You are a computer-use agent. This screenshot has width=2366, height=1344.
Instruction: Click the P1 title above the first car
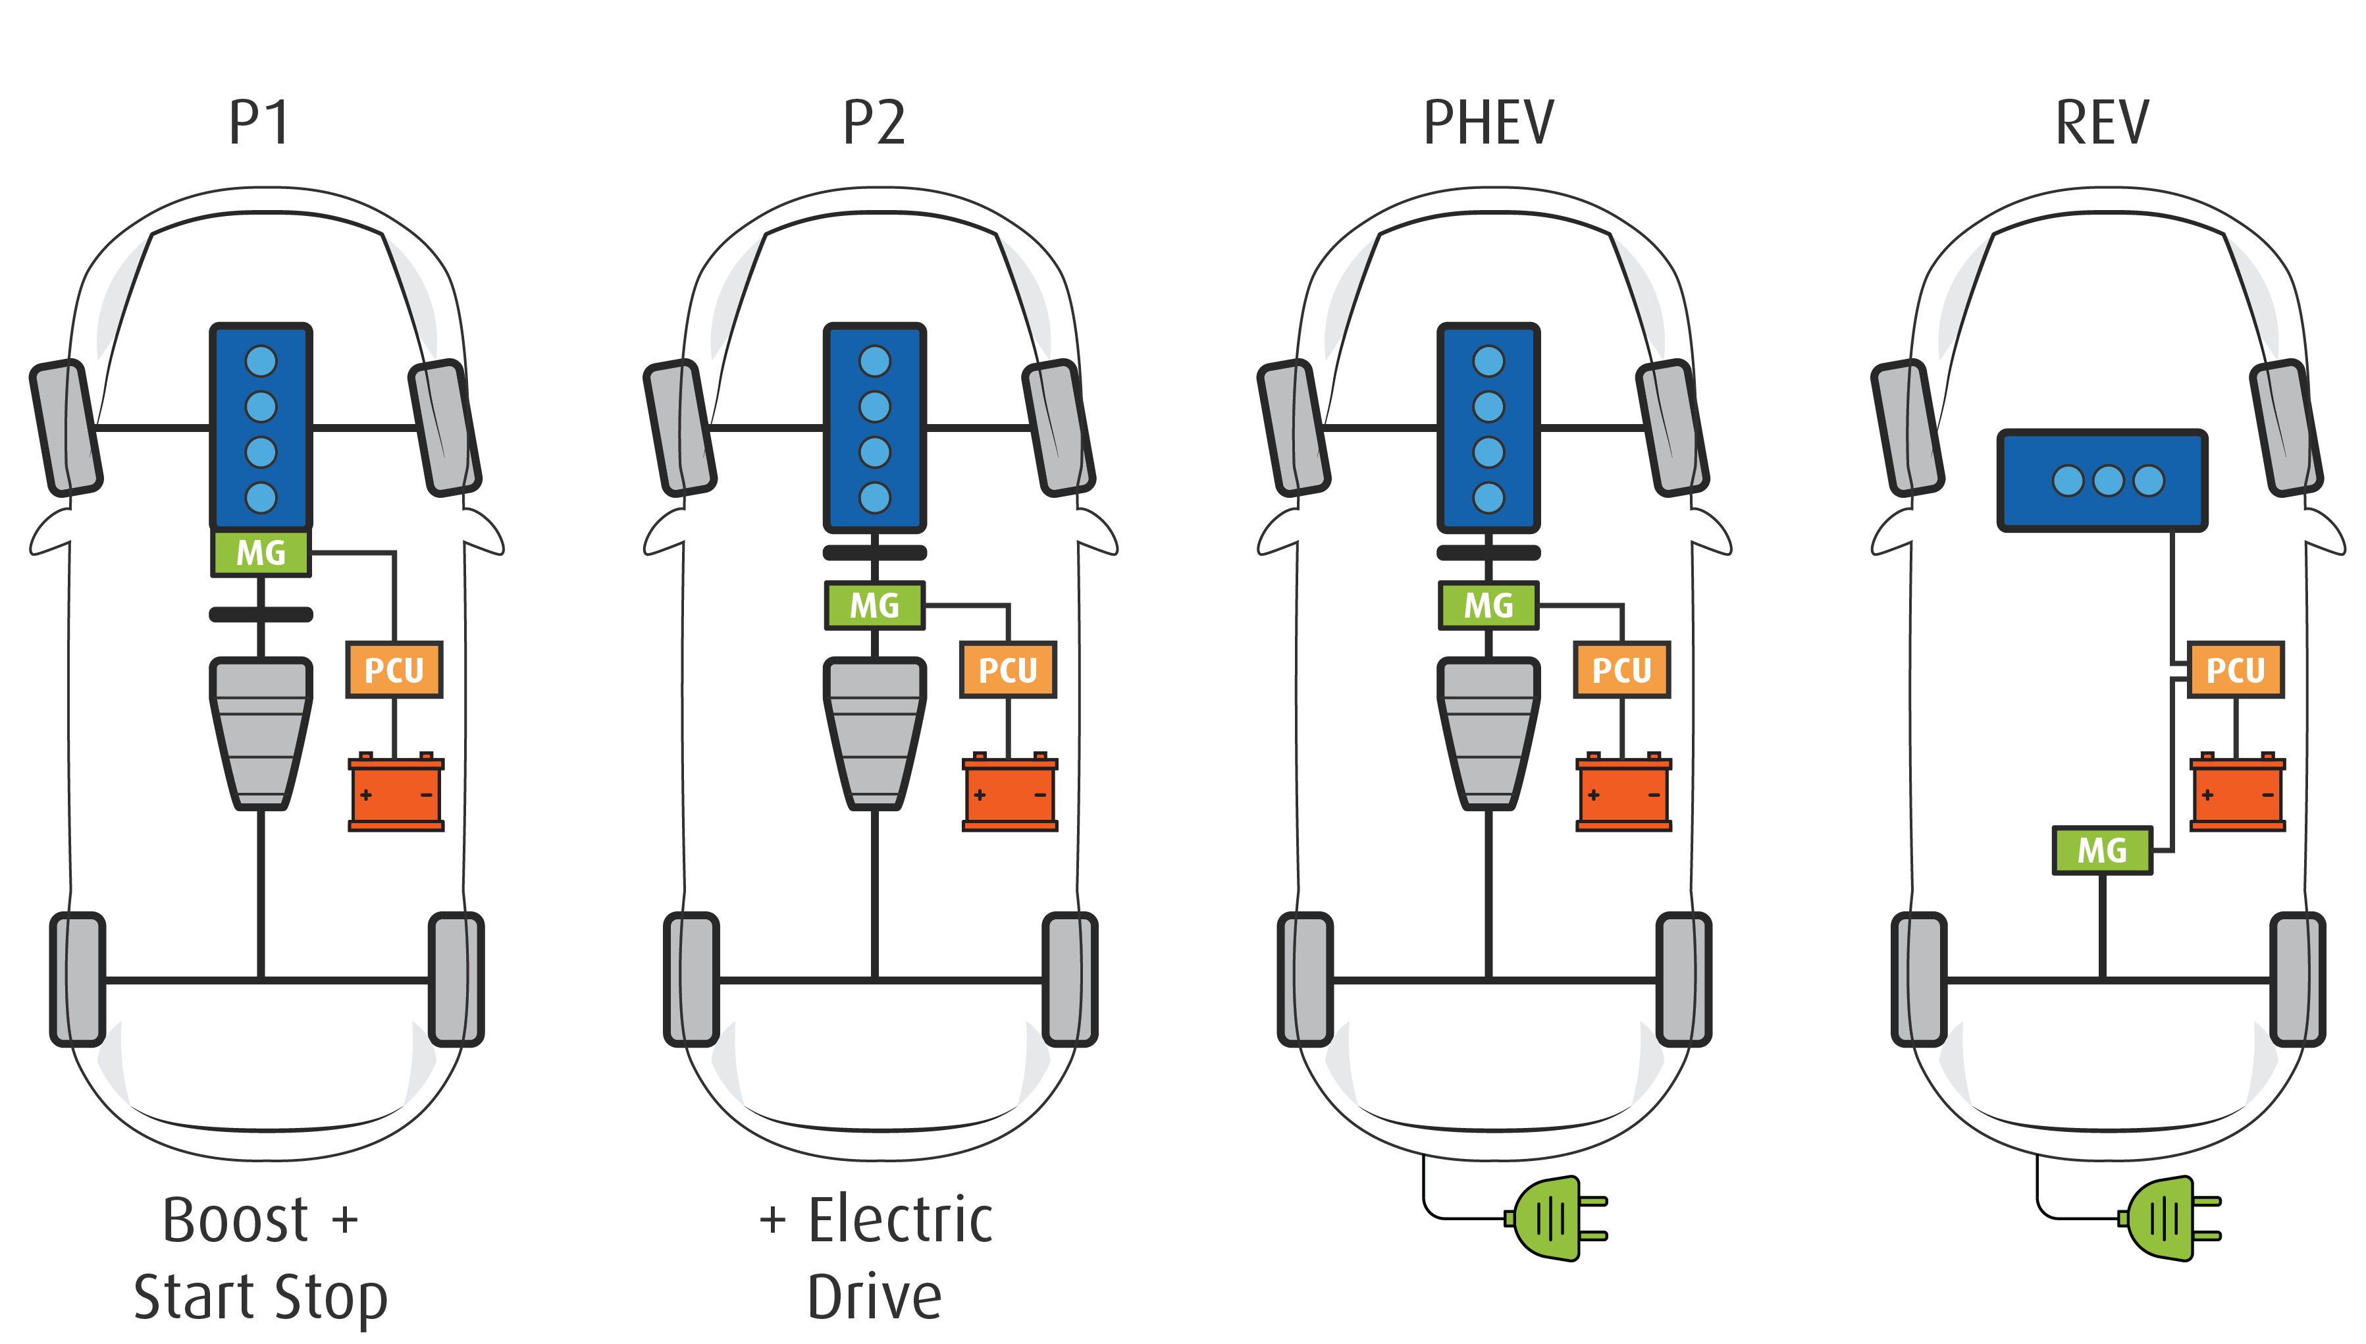[259, 122]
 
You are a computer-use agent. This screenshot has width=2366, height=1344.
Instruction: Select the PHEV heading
[1488, 122]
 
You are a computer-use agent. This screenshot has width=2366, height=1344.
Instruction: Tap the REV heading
[2102, 122]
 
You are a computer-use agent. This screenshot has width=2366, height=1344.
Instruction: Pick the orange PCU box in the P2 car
[1008, 669]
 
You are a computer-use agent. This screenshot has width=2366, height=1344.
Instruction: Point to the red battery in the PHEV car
[1623, 793]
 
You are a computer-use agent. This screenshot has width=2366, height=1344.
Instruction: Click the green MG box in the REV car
[2102, 850]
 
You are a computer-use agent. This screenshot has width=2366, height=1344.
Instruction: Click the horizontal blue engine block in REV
[2102, 480]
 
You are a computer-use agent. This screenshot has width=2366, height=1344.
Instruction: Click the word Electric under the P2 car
[901, 1220]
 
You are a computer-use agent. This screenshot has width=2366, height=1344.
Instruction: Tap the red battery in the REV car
[2237, 793]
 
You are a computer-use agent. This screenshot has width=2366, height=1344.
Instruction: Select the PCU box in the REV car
[2235, 669]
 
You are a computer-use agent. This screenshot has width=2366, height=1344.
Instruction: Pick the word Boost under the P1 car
[235, 1220]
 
